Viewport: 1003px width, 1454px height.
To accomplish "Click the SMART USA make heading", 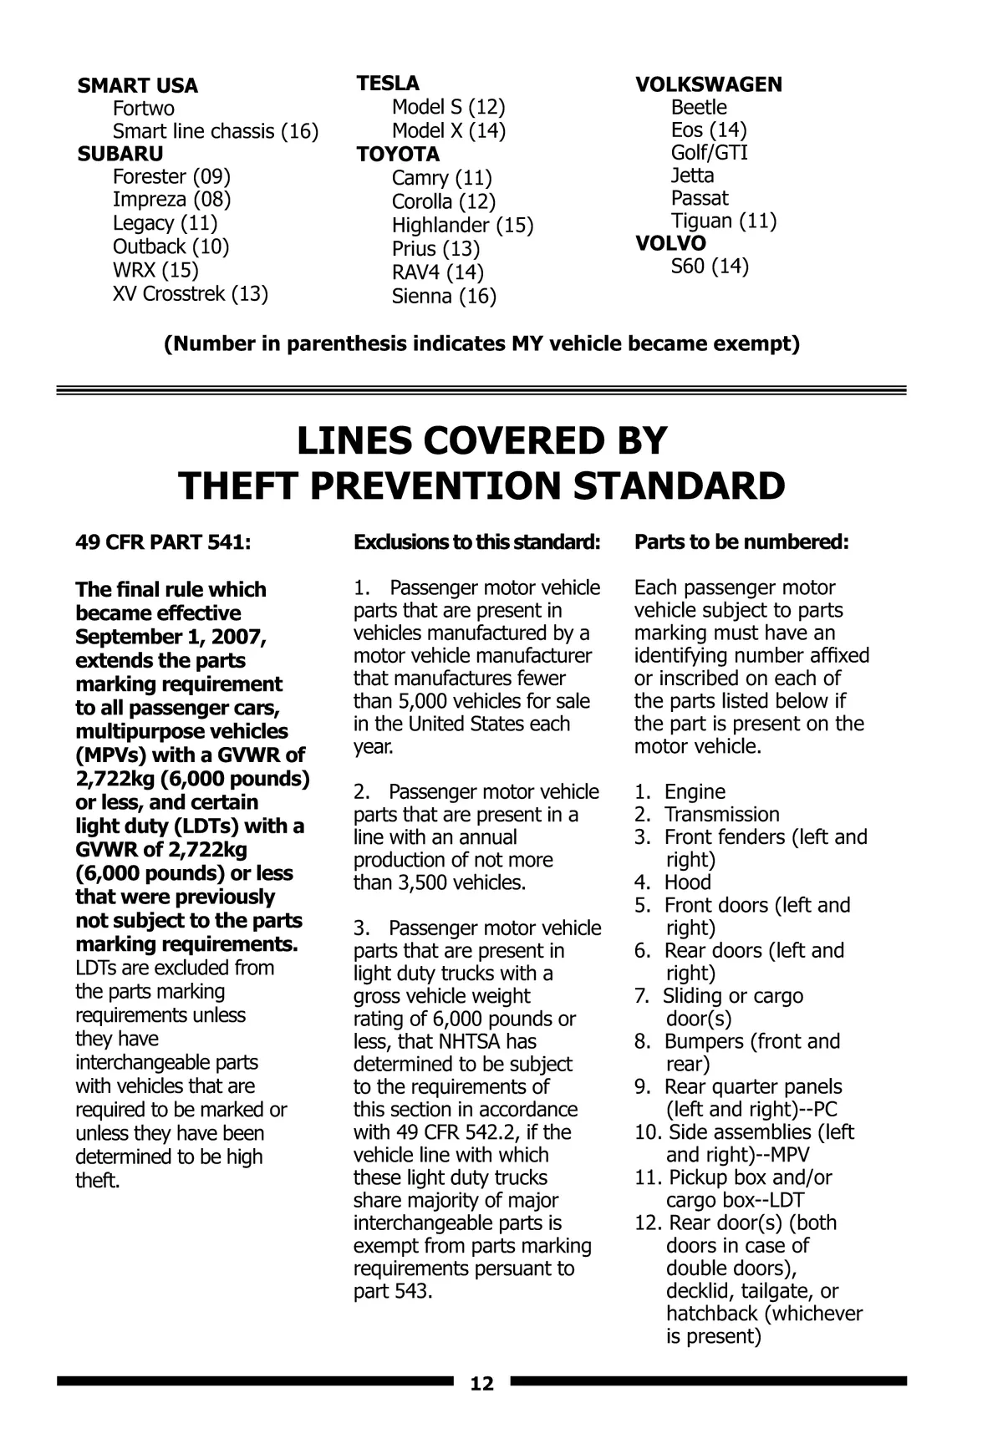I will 138,86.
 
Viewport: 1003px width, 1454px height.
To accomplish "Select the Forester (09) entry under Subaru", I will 171,176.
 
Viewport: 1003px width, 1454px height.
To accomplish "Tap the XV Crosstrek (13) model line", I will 191,293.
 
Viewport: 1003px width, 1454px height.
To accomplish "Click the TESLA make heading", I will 388,84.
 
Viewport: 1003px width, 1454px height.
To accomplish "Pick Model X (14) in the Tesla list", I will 449,130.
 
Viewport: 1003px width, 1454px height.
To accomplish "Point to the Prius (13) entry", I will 435,249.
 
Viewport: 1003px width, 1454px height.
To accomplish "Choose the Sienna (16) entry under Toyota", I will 444,296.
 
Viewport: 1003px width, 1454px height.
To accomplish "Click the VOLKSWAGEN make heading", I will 709,84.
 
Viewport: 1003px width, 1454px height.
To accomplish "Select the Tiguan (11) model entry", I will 724,221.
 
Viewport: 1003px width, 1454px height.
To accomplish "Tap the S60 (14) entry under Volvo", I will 710,266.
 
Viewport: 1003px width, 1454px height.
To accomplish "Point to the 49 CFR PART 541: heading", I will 163,542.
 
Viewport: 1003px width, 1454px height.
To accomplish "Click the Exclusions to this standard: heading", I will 477,542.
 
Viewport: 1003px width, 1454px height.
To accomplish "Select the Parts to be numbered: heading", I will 741,542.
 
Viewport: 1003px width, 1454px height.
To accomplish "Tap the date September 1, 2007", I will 171,637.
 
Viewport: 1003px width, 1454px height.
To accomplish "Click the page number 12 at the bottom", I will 482,1384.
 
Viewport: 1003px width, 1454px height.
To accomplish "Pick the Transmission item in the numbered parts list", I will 721,814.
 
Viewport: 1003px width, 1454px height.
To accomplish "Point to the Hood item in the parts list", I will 687,882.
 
